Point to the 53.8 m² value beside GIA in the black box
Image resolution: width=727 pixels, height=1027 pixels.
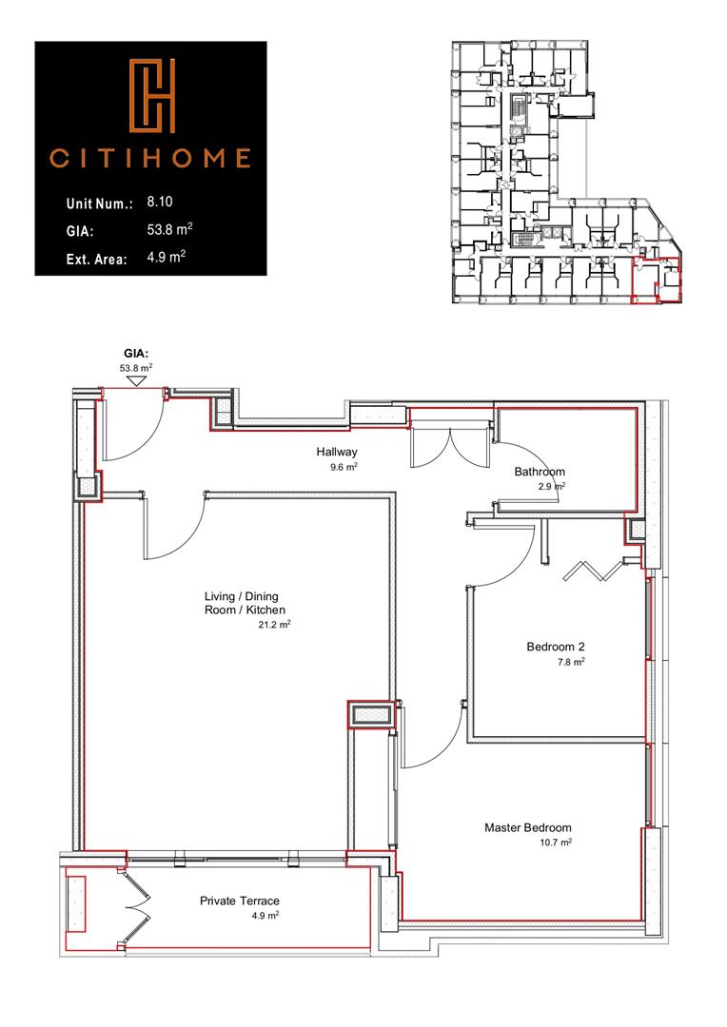tap(166, 229)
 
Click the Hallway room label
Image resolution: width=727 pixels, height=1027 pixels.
tap(338, 453)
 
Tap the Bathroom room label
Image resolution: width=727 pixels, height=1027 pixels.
tap(540, 472)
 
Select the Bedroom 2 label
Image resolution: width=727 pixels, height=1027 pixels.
tap(555, 648)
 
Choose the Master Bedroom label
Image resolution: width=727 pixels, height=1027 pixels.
tap(527, 827)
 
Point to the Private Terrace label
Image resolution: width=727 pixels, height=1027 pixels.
tap(240, 900)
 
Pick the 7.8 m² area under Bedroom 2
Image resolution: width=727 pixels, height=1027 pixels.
tap(569, 662)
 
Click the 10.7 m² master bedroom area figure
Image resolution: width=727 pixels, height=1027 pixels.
tap(555, 842)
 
